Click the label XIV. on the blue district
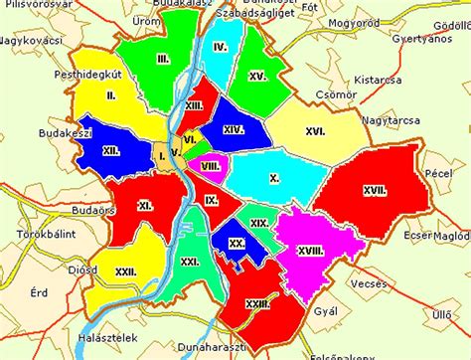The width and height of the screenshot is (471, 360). point(234,128)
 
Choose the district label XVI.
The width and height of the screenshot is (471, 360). point(316,129)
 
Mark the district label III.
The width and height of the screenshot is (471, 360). point(161,61)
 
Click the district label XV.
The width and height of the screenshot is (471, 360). point(258,76)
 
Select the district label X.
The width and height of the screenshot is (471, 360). point(274,179)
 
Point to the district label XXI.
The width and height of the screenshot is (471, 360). point(191,261)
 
